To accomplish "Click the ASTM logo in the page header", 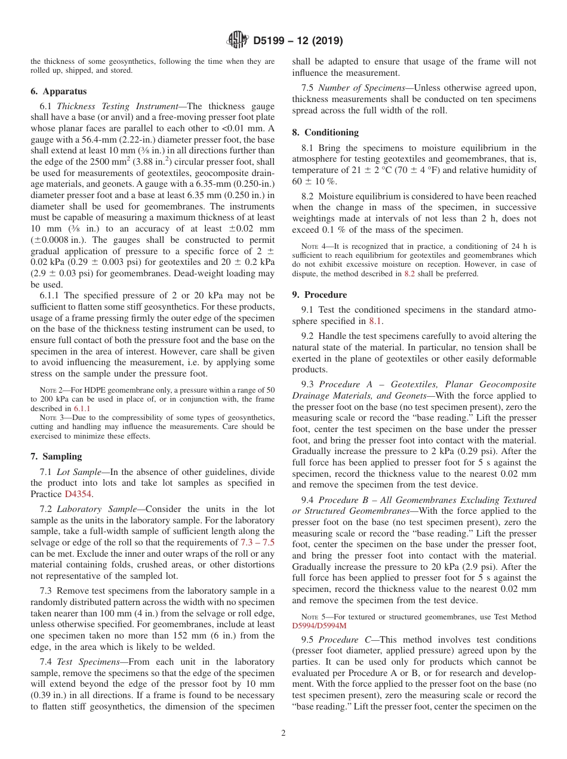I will tap(238, 41).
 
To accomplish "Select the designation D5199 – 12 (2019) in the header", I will tap(298, 41).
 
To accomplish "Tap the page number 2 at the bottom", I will tap(283, 733).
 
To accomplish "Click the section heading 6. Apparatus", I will tap(58, 91).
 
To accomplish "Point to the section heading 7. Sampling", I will tap(56, 456).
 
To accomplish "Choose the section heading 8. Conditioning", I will tap(325, 132).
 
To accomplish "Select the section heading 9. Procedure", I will tap(319, 295).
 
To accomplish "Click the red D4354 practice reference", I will tap(63, 494).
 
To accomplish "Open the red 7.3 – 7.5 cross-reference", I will tap(257, 542).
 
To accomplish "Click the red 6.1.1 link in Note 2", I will tap(82, 409).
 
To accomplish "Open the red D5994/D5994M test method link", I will tap(319, 626).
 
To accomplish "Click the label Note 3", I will tap(51, 418).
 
